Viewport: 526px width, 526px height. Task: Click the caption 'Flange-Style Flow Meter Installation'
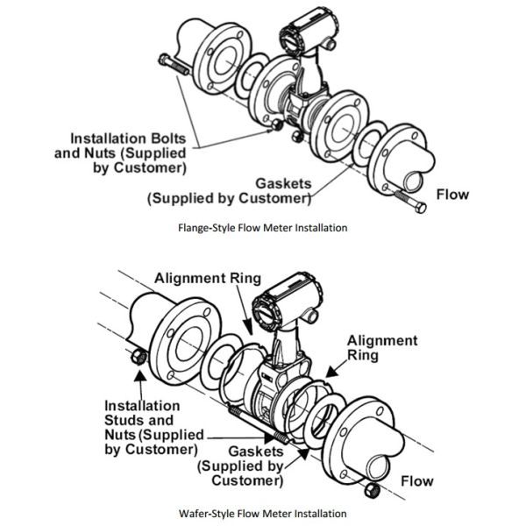click(x=263, y=228)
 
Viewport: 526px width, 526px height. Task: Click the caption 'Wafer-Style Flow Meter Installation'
click(x=263, y=514)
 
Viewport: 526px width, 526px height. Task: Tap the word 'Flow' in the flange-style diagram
click(x=452, y=195)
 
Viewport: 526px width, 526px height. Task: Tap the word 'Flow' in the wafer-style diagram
click(x=417, y=481)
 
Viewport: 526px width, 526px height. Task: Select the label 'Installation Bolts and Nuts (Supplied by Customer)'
click(x=120, y=153)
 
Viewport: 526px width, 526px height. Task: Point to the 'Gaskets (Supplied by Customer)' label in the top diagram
click(x=229, y=191)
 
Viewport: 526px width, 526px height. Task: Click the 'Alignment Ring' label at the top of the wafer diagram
click(x=208, y=279)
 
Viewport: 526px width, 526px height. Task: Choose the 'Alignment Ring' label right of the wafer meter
click(x=382, y=348)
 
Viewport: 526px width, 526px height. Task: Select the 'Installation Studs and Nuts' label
click(x=154, y=428)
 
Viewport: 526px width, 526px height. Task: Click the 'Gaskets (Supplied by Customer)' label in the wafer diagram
click(x=240, y=466)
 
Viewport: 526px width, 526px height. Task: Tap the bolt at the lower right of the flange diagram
click(x=411, y=201)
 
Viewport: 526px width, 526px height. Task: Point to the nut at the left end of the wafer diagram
click(x=139, y=358)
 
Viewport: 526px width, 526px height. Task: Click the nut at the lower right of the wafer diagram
click(x=372, y=491)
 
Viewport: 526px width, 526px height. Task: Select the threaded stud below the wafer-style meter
click(x=259, y=423)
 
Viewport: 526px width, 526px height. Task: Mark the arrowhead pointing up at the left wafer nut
click(x=140, y=375)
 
